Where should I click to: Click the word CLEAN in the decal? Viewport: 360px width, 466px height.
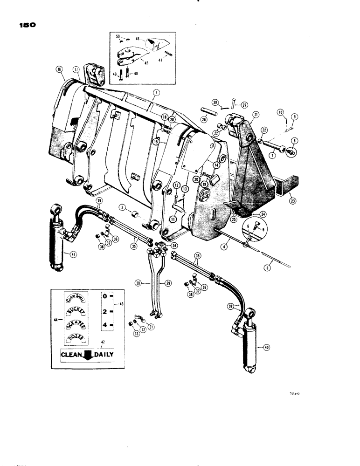point(70,355)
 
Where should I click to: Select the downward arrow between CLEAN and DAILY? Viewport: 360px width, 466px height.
point(87,355)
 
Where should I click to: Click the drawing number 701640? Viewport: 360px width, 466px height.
point(293,393)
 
